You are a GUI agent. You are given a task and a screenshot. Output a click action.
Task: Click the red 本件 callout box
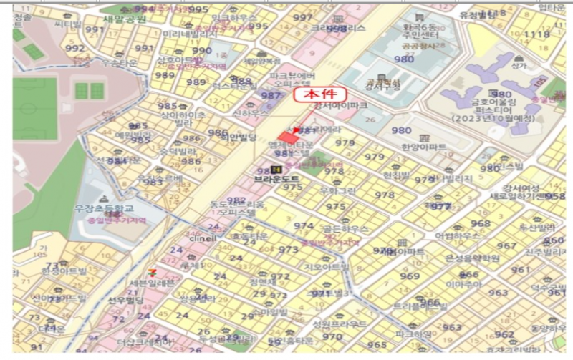point(320,94)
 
